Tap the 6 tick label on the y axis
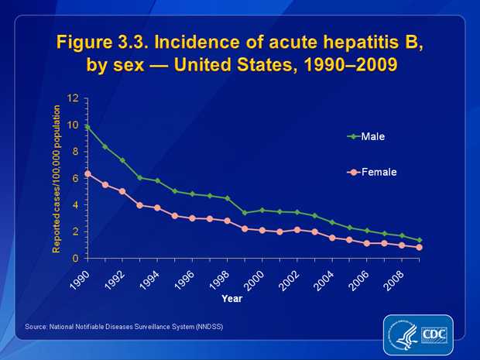tap(77, 178)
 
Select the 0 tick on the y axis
tap(77, 258)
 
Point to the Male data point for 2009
tap(420, 240)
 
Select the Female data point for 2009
tap(420, 247)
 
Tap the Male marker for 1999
tap(245, 212)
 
